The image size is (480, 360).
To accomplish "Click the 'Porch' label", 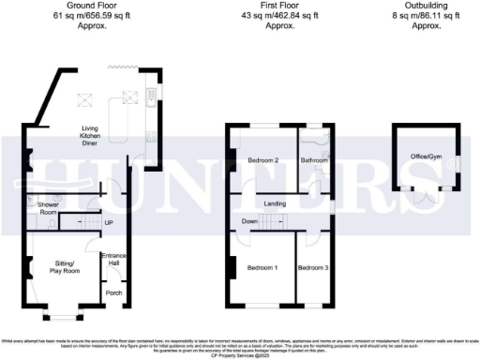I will click(x=114, y=292).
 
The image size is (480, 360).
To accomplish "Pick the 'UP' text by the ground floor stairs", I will click(x=110, y=222).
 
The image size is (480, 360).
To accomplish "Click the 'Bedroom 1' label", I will click(x=262, y=268).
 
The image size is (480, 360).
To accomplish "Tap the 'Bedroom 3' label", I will click(x=312, y=268).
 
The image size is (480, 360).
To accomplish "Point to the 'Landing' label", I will click(x=274, y=203).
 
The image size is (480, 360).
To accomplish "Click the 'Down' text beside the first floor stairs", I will click(x=247, y=221).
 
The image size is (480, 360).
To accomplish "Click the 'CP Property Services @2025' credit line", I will click(x=240, y=355).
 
